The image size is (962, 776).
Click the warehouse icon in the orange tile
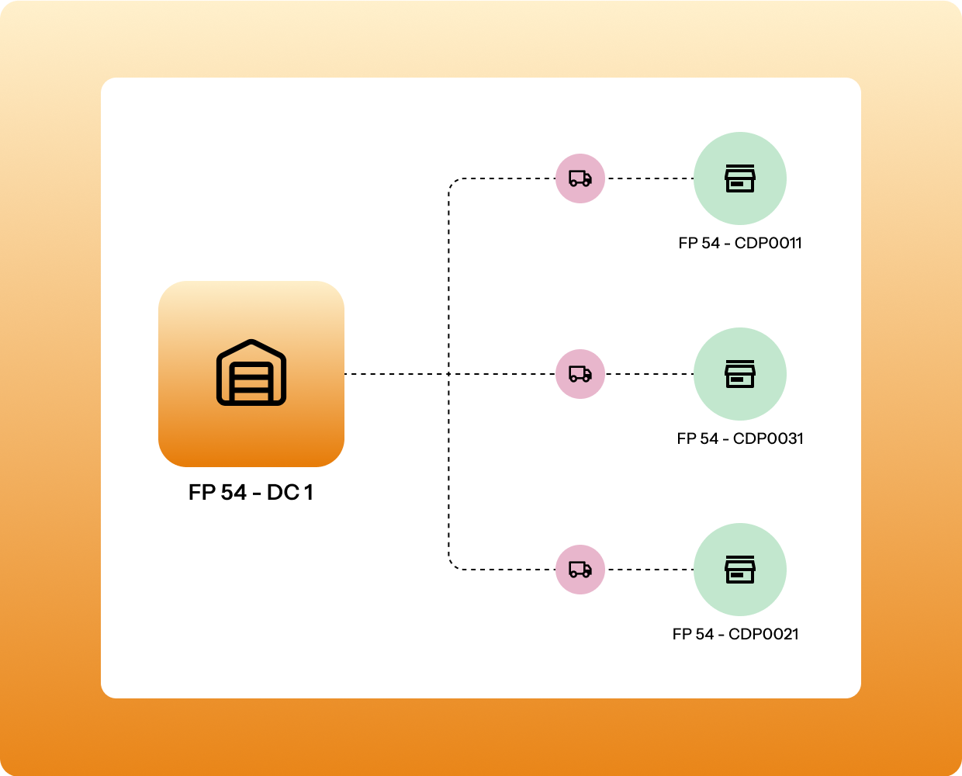tap(251, 372)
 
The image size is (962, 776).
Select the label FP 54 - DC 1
tap(251, 493)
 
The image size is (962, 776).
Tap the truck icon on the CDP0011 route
tap(580, 178)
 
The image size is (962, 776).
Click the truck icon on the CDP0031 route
tap(580, 374)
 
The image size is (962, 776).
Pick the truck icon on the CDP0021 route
tap(580, 570)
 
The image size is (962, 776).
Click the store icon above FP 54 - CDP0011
tap(739, 178)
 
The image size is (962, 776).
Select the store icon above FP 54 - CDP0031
tap(739, 374)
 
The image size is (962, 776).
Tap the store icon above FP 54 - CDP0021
tap(739, 570)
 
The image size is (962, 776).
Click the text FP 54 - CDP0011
tap(739, 243)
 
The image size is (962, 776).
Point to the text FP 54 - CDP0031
tap(739, 438)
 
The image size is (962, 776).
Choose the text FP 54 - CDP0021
tap(735, 634)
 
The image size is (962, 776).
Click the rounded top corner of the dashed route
tap(453, 183)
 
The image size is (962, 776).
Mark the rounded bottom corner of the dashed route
tap(453, 565)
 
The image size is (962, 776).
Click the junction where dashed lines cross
tap(449, 374)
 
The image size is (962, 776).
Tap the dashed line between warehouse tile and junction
tap(396, 374)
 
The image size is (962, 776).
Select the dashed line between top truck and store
tap(649, 178)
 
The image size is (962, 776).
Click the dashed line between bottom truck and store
tap(649, 570)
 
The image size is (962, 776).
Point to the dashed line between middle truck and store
tap(649, 374)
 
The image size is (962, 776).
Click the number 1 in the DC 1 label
tap(308, 493)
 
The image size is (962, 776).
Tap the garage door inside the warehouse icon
tap(251, 382)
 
